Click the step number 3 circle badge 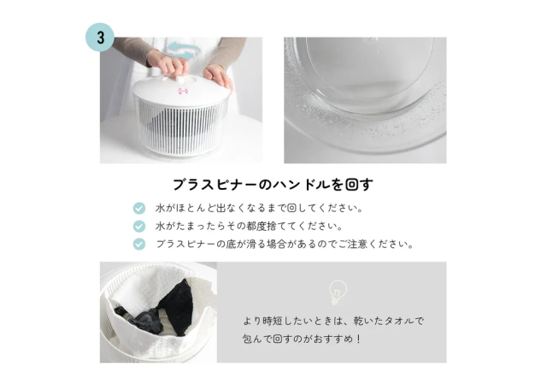(x=100, y=38)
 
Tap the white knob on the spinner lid (x=180, y=80)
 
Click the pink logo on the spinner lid (x=183, y=92)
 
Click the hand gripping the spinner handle (x=168, y=62)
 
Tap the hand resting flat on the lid (x=218, y=76)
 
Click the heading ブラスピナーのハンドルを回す (x=273, y=185)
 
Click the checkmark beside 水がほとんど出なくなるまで (x=139, y=209)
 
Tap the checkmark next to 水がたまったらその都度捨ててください (x=139, y=227)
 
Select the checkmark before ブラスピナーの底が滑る (x=139, y=244)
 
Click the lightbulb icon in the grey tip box (x=338, y=292)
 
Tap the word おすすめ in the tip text (x=332, y=339)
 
